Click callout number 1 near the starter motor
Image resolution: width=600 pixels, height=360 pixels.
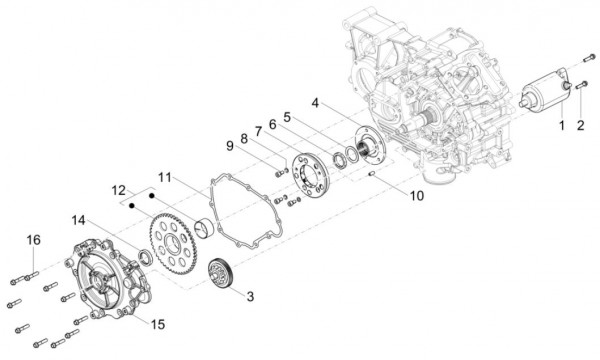[561, 126]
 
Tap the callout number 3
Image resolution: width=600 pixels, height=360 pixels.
[251, 296]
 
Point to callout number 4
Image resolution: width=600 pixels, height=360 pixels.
[315, 103]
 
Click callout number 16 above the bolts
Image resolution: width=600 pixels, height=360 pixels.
[33, 240]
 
